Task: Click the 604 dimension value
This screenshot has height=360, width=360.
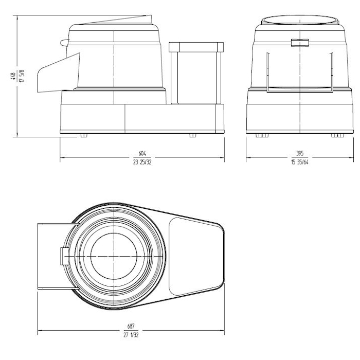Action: tap(142, 153)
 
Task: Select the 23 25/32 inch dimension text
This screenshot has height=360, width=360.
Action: tap(142, 163)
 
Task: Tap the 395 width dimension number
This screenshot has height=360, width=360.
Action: tap(300, 153)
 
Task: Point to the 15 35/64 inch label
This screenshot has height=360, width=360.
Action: tap(300, 163)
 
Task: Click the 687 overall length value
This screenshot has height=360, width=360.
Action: tap(131, 326)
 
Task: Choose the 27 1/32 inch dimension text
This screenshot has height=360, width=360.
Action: tap(131, 335)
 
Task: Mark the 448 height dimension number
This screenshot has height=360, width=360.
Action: tap(13, 76)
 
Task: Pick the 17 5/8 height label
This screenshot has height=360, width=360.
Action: tap(22, 76)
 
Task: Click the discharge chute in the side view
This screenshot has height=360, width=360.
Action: tap(59, 73)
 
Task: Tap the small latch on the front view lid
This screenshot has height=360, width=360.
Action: tap(300, 43)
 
